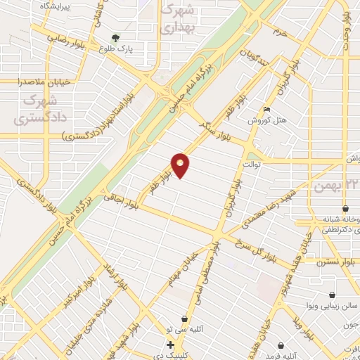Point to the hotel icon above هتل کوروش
265,110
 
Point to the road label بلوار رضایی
65,39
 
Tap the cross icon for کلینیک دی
170,345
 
